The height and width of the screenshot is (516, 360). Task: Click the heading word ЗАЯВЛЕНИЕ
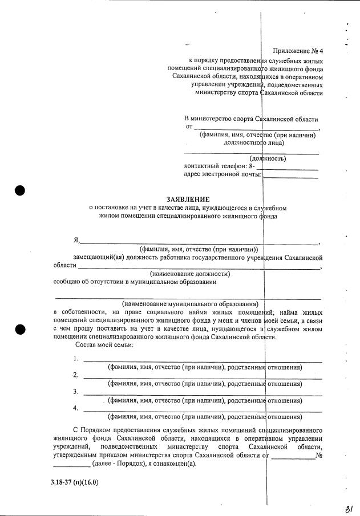point(188,200)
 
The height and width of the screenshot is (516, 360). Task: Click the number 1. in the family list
point(76,359)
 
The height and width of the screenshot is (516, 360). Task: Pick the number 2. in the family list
point(76,375)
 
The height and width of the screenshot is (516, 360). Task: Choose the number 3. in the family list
point(76,392)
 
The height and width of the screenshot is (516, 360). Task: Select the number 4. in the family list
point(76,408)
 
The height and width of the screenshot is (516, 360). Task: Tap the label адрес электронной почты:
point(223,174)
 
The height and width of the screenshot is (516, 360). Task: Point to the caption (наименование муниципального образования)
point(190,303)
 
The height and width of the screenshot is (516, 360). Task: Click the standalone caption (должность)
point(268,158)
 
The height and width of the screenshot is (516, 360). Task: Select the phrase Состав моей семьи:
point(104,345)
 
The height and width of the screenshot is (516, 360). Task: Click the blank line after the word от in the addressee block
point(257,127)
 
